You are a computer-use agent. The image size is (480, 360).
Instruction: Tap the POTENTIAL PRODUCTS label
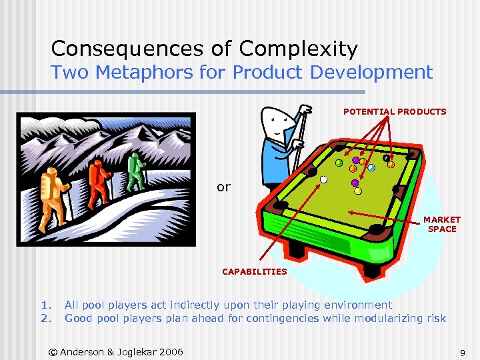pos(395,112)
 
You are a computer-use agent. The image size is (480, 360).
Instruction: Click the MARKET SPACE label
pos(442,224)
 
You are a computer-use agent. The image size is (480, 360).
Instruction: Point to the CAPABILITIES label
pos(254,271)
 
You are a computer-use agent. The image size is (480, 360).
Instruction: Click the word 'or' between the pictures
pos(223,187)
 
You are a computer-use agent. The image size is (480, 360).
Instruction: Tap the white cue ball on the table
pos(324,179)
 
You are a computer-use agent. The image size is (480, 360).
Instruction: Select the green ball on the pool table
pos(339,163)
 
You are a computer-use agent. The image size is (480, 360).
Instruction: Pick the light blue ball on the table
pos(371,168)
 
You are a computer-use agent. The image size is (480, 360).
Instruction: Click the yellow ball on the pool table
pos(358,191)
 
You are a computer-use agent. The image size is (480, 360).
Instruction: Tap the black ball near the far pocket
pos(387,158)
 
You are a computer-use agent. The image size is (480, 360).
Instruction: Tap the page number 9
pos(461,351)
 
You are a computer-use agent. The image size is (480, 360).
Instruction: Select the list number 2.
pos(45,318)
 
